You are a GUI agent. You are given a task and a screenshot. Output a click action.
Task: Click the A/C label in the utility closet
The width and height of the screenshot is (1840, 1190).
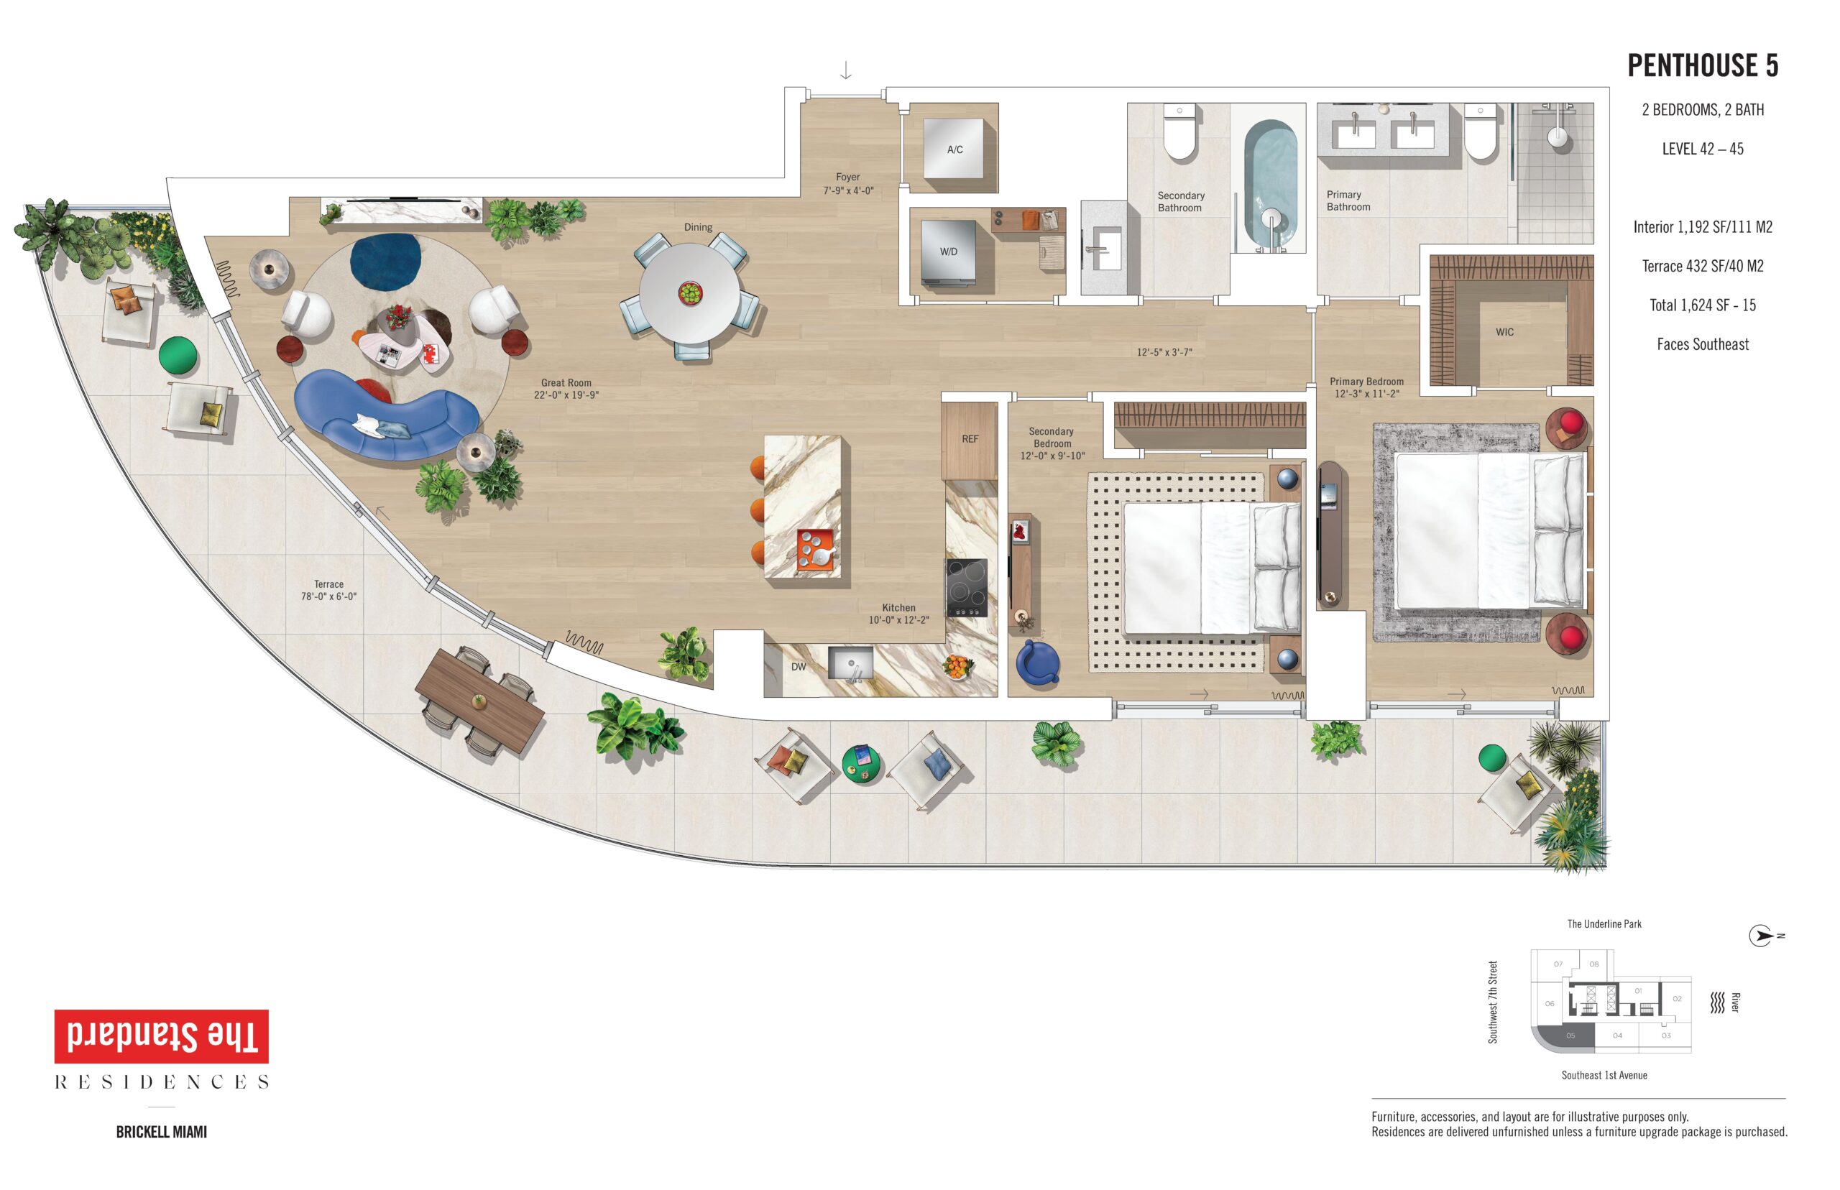(954, 150)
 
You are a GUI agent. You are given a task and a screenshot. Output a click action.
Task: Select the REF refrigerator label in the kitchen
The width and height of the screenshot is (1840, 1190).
(970, 439)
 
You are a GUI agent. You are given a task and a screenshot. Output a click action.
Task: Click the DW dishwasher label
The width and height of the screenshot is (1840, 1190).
(799, 667)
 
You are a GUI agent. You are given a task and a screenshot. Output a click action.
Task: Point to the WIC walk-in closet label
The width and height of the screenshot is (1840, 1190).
(1504, 332)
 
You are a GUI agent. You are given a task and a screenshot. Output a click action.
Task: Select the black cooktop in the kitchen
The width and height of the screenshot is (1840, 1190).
(967, 587)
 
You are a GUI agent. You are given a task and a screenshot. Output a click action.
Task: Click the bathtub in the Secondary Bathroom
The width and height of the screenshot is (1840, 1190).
(1271, 185)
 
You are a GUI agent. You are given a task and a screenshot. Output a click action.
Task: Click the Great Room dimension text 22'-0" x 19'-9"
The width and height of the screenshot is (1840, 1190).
(566, 395)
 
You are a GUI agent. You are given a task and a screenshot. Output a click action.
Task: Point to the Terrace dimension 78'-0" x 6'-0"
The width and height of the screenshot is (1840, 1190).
(328, 596)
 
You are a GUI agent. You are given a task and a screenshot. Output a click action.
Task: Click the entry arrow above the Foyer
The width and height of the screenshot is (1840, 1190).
(845, 70)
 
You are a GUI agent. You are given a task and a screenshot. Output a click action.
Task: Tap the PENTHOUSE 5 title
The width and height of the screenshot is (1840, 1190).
(1703, 65)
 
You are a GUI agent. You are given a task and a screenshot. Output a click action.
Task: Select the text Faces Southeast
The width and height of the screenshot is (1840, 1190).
(1703, 345)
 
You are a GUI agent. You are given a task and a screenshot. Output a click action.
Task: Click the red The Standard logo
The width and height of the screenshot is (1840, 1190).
(162, 1036)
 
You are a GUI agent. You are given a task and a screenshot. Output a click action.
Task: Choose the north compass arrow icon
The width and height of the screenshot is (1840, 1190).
(1761, 936)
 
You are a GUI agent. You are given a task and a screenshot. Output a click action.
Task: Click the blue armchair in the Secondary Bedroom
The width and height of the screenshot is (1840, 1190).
(1037, 663)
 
